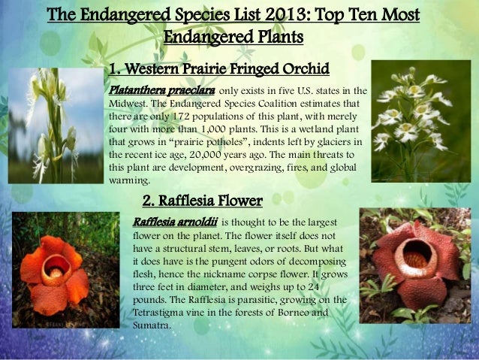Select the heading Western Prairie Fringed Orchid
[219, 71]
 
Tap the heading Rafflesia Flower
[202, 201]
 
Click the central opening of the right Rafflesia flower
[415, 257]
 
